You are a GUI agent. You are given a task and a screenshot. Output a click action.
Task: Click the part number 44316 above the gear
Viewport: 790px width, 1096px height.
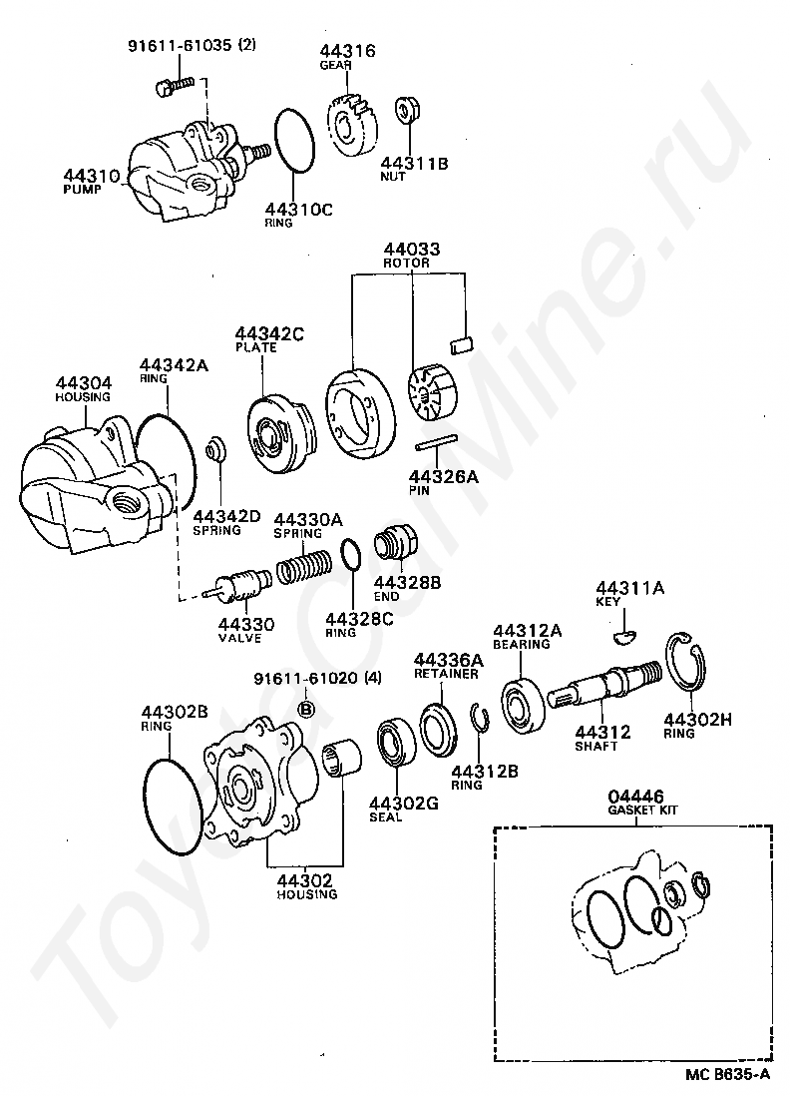pos(347,50)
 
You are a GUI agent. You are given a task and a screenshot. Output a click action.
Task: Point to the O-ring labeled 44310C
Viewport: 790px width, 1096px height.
pos(293,152)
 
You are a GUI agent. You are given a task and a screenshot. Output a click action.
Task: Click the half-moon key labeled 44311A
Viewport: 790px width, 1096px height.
pos(622,629)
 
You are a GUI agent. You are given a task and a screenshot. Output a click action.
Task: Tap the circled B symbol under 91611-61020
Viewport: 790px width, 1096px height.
pos(307,710)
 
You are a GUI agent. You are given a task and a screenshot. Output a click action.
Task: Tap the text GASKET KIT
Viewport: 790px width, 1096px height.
pos(642,810)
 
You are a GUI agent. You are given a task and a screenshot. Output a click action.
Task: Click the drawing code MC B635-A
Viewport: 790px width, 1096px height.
pos(727,1075)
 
